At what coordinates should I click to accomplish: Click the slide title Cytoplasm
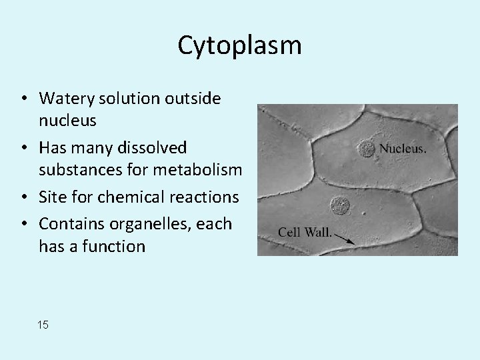coord(239,45)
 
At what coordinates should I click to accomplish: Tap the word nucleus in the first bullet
coord(67,121)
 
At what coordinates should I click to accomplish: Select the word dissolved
coord(152,147)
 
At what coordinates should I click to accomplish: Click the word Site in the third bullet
coord(52,197)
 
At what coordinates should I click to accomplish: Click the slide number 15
coord(43,325)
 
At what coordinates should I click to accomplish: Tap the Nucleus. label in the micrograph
coord(403,149)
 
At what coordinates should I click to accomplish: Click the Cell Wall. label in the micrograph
coord(304,232)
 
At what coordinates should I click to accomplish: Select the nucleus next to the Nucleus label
coord(366,149)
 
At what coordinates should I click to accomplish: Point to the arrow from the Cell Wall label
coord(343,236)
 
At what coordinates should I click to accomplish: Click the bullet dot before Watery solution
coord(23,99)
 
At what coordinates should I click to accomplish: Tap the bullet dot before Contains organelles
coord(23,223)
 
